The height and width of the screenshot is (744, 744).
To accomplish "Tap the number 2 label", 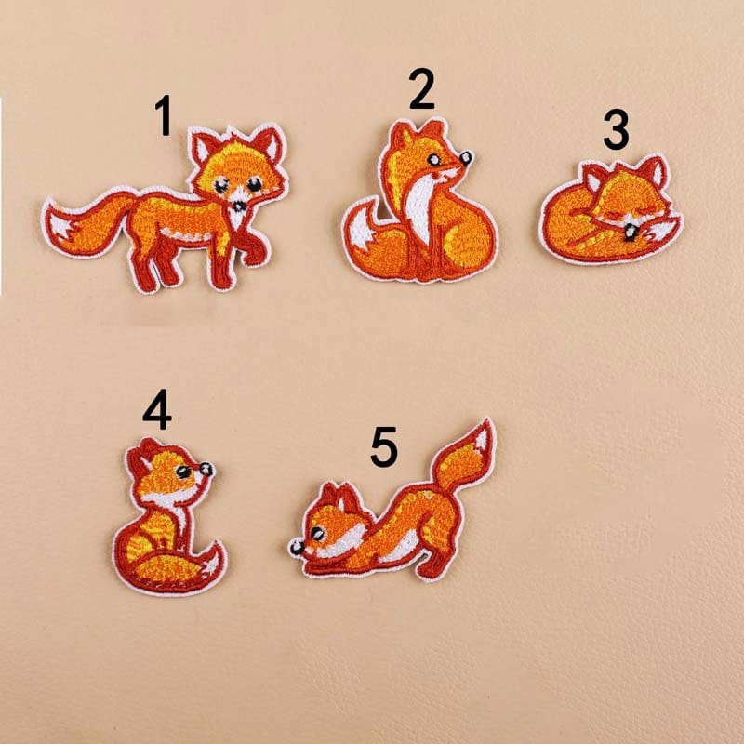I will pyautogui.click(x=421, y=90).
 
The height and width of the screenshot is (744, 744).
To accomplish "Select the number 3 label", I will pyautogui.click(x=615, y=130).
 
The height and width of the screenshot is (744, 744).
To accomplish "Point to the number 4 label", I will pyautogui.click(x=156, y=411).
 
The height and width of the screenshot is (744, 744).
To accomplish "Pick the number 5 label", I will pyautogui.click(x=383, y=446).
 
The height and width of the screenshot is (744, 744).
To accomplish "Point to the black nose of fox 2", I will pyautogui.click(x=467, y=158).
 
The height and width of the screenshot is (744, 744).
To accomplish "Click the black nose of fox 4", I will pyautogui.click(x=206, y=468).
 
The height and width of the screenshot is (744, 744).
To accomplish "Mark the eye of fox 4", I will pyautogui.click(x=184, y=472).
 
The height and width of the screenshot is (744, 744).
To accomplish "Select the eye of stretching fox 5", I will pyautogui.click(x=318, y=534).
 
